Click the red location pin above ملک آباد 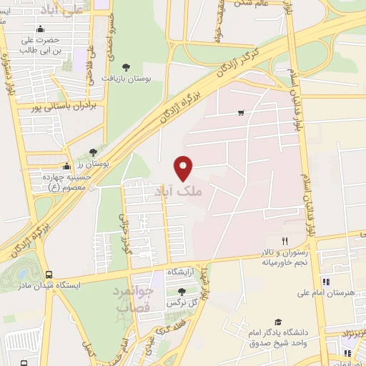point(184,168)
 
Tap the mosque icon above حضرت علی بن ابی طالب point(39,29)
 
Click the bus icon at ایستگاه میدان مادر point(49,275)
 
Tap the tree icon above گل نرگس point(180,292)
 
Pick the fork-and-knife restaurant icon point(285,241)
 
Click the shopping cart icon point(242,112)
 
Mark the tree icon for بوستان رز point(93,152)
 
